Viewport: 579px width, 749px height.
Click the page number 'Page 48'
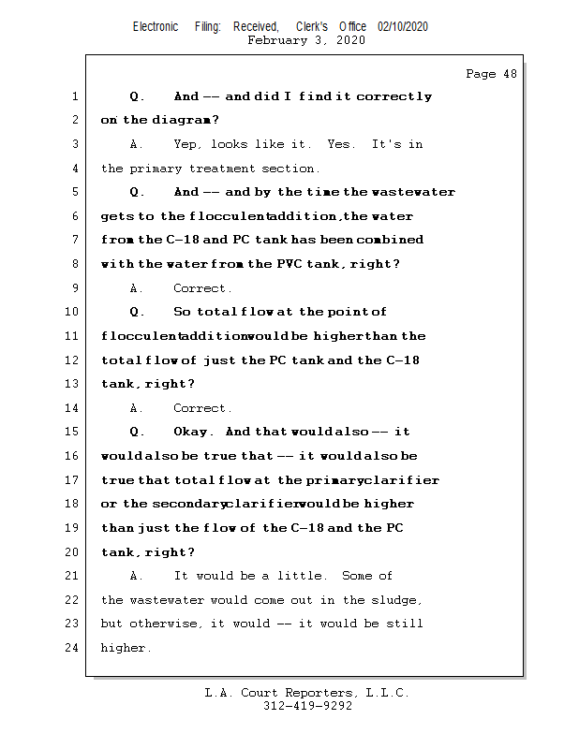(491, 74)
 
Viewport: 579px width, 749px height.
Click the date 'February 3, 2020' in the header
(306, 40)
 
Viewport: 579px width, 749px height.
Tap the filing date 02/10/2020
(403, 27)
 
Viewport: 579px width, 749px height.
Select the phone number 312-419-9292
(307, 707)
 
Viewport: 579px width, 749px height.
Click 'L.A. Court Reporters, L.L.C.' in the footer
(307, 693)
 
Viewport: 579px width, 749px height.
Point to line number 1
(74, 96)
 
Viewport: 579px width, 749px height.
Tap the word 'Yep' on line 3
(186, 144)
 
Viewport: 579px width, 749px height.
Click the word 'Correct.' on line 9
(202, 288)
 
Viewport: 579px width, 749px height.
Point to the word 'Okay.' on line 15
(194, 433)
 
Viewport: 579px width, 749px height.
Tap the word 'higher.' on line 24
(126, 648)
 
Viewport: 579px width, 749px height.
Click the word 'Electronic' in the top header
(156, 27)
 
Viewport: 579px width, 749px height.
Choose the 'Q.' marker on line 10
(137, 313)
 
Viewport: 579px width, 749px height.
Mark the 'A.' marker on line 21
(137, 576)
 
